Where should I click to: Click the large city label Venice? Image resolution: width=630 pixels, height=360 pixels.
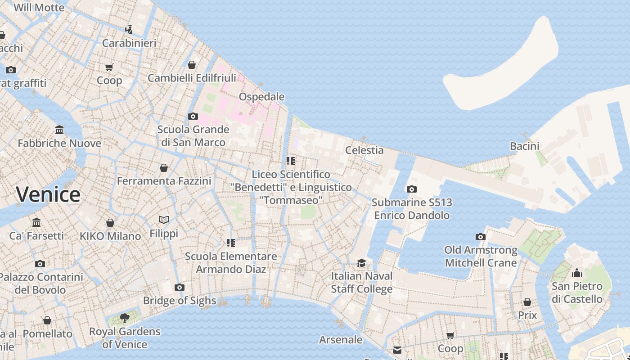(x=48, y=194)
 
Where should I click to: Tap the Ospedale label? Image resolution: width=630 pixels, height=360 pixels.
(x=261, y=97)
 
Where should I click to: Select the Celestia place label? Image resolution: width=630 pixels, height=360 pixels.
(x=364, y=150)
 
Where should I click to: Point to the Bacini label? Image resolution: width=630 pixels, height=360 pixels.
(x=524, y=146)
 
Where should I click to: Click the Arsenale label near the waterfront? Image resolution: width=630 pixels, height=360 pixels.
(x=340, y=340)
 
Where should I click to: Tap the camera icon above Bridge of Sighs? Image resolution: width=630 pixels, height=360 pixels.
(x=179, y=288)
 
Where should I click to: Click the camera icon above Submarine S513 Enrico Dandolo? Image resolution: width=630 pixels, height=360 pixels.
(x=411, y=189)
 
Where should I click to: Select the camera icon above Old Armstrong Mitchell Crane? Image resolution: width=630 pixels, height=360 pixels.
(x=480, y=237)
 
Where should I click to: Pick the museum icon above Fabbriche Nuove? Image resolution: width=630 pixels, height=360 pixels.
(x=59, y=130)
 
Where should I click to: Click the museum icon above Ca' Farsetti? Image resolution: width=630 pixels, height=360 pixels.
(x=36, y=222)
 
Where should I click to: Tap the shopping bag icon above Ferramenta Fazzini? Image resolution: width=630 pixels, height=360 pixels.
(x=164, y=168)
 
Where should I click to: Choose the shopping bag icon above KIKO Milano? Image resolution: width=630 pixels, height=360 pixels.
(x=110, y=223)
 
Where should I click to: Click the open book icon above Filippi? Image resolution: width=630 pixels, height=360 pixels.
(x=164, y=220)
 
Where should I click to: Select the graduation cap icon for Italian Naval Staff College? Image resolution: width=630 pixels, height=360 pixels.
(x=361, y=263)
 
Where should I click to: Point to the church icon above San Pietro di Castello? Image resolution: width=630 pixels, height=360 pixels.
(x=576, y=273)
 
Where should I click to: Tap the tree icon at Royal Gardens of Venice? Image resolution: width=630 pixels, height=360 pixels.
(x=125, y=319)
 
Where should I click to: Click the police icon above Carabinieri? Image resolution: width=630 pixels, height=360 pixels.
(x=129, y=30)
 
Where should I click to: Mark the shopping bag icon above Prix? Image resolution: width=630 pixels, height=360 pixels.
(x=527, y=302)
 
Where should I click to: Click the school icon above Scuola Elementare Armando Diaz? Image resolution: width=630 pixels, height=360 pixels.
(x=231, y=243)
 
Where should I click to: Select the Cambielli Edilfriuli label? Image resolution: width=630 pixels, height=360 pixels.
(x=192, y=78)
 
